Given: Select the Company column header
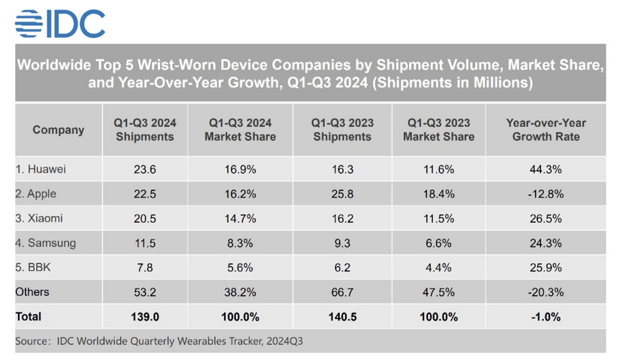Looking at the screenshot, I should coord(58,130).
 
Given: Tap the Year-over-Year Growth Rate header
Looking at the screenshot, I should coord(545,130).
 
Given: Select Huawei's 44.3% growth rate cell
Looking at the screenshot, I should coord(545,169).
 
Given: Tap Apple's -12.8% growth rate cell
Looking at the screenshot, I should coord(545,194).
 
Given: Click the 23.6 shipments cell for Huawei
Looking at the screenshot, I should coord(143,169).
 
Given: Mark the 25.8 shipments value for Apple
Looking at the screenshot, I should coord(342,194).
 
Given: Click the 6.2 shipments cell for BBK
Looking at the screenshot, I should coord(342,267).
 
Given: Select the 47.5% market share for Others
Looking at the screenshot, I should coord(438,292).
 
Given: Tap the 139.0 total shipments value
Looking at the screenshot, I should coord(143,316).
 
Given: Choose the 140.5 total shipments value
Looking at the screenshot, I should coord(342,316).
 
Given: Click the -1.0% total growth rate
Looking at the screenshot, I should coord(545,316).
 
